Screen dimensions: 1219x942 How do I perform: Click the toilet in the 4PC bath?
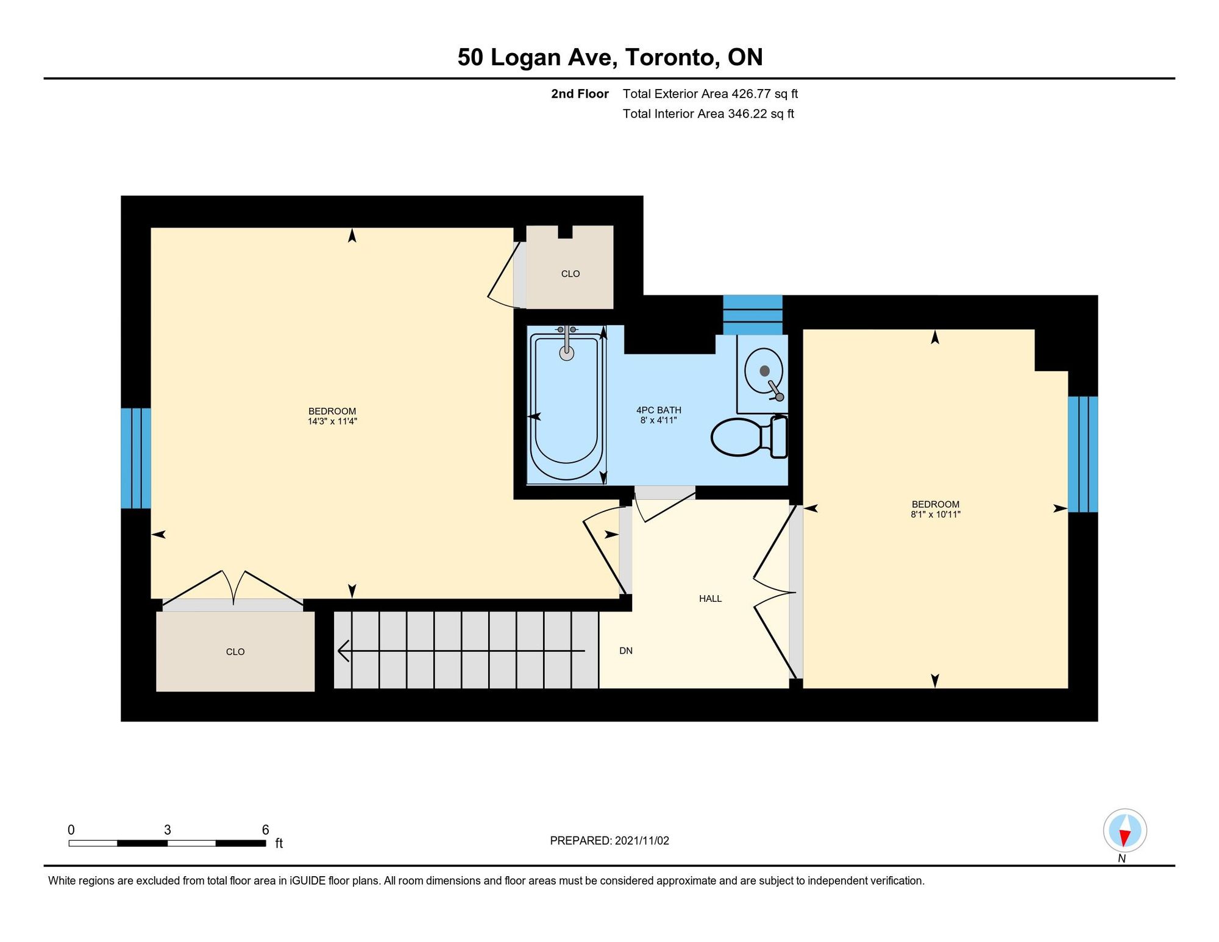[x=749, y=437]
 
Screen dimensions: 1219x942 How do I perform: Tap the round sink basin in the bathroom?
[x=764, y=371]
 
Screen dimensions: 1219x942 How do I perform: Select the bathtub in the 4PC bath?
[x=566, y=405]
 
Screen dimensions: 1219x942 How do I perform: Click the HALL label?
[x=710, y=599]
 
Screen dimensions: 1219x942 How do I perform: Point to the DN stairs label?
[x=626, y=651]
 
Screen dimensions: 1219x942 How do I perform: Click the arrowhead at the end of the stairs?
[x=343, y=651]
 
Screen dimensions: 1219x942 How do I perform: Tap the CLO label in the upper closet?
[x=570, y=274]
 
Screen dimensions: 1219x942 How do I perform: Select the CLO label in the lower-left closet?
[x=235, y=652]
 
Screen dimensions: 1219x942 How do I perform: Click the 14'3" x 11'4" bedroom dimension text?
[x=332, y=421]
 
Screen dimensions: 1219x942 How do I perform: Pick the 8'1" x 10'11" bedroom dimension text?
[x=936, y=515]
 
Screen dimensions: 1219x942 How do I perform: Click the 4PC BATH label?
[x=659, y=410]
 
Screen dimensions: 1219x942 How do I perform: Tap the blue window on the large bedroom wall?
[x=136, y=458]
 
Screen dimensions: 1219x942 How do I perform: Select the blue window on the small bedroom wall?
[x=1083, y=454]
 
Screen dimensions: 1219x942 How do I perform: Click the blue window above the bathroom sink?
[x=753, y=315]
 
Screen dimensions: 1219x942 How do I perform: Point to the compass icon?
[x=1125, y=830]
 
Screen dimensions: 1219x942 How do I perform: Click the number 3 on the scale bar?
[x=168, y=830]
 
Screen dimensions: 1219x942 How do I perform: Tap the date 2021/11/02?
[x=642, y=841]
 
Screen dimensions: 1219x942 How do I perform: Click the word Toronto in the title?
[x=670, y=57]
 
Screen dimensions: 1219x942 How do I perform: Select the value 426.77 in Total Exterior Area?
[x=751, y=94]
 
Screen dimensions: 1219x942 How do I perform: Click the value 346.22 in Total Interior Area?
[x=747, y=114]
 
